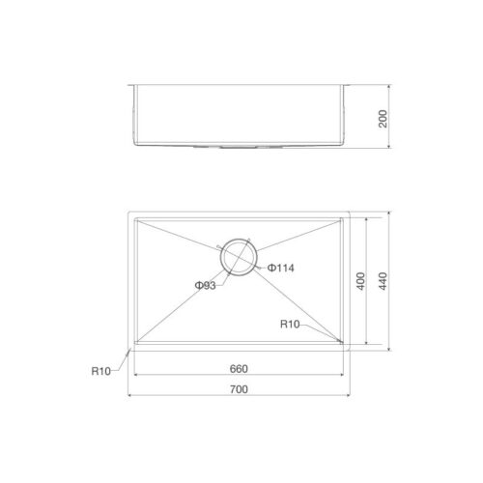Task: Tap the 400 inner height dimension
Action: tap(360, 280)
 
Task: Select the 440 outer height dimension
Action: tap(384, 280)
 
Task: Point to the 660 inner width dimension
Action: tap(239, 367)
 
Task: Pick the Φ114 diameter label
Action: tap(280, 267)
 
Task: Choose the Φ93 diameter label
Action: tap(204, 285)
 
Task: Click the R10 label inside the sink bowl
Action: tap(290, 325)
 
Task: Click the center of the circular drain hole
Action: tap(238, 256)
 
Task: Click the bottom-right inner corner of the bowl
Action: tap(343, 342)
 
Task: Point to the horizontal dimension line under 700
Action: tap(239, 396)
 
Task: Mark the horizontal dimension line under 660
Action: tap(239, 375)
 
